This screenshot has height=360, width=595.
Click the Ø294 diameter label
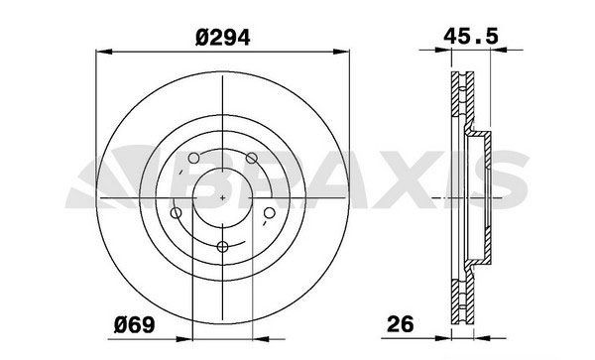223,38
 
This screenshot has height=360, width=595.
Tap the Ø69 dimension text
134,325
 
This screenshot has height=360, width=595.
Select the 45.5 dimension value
471,37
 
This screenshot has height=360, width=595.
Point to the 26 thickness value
401,324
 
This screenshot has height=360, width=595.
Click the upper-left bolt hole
193,158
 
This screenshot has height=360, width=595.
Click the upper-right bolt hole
251,158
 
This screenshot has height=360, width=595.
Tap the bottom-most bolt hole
222,247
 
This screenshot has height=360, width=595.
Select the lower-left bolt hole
177,213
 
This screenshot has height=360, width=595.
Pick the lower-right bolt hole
269,213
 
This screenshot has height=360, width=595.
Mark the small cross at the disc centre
222,197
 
